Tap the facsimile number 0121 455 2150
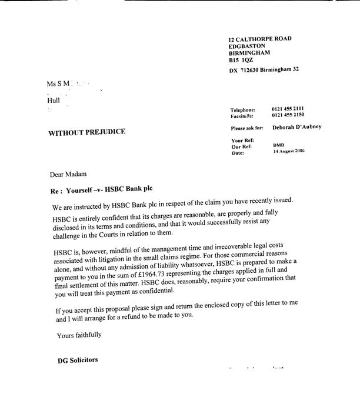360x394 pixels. point(288,116)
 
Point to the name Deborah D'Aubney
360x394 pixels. point(297,127)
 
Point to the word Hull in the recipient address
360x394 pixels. point(54,101)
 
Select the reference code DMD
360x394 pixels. point(278,145)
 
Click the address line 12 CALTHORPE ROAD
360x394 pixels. point(260,39)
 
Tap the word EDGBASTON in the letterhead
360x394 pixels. point(247,46)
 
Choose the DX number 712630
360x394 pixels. point(253,70)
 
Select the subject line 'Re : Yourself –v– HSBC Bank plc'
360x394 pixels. point(105,192)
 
